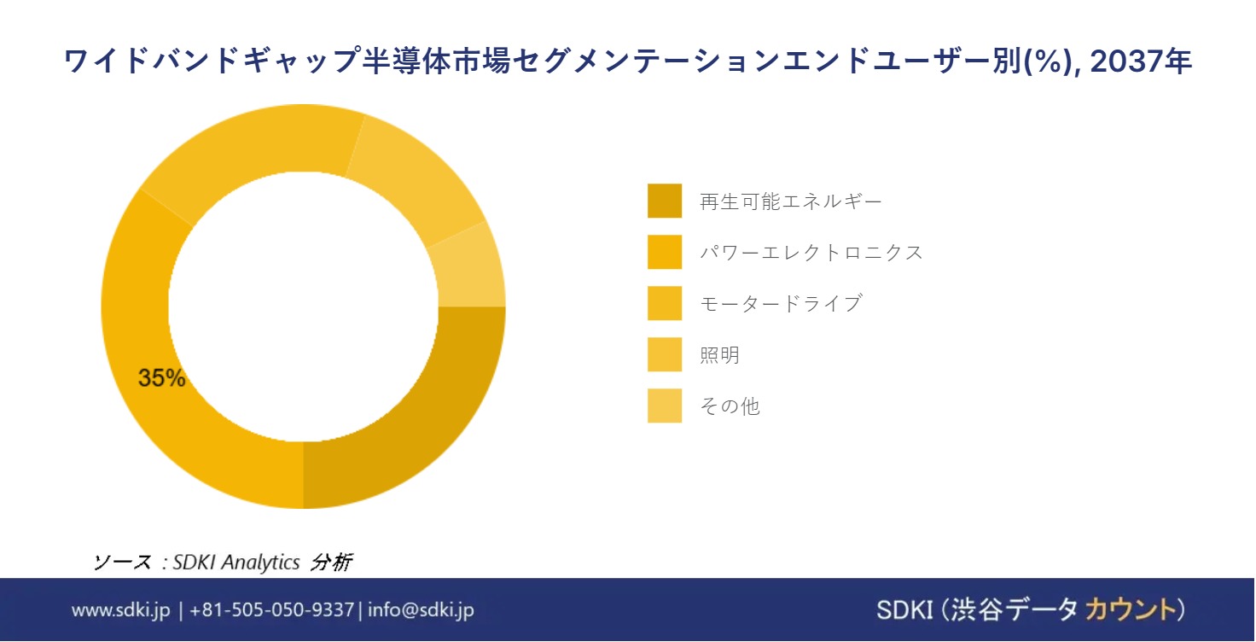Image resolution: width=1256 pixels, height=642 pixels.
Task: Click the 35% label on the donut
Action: (161, 377)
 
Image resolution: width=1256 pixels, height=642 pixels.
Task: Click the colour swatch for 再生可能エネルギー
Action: (665, 201)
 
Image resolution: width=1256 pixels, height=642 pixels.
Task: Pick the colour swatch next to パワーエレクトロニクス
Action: (665, 252)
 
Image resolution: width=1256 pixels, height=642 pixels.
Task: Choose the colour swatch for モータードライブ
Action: (665, 303)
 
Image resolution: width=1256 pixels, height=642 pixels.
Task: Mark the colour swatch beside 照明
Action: (665, 354)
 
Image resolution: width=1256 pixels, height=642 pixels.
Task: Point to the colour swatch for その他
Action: (665, 406)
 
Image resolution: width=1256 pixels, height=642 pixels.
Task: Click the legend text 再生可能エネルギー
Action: (791, 201)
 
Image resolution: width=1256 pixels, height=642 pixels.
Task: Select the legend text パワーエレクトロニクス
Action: (811, 252)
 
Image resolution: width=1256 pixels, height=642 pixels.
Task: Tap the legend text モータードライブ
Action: (781, 303)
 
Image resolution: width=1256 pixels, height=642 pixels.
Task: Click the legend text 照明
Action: (720, 354)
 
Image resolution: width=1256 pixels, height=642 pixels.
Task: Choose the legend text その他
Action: (730, 406)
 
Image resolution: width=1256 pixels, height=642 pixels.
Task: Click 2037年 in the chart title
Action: (1141, 61)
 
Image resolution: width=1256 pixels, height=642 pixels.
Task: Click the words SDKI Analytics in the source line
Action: (236, 562)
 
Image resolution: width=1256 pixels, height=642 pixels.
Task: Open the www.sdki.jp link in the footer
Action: (120, 610)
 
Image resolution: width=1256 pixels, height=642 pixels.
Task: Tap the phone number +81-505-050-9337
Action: (272, 610)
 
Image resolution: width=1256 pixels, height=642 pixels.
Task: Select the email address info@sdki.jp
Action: (422, 610)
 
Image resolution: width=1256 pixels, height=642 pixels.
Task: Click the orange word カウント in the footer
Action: (1131, 610)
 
